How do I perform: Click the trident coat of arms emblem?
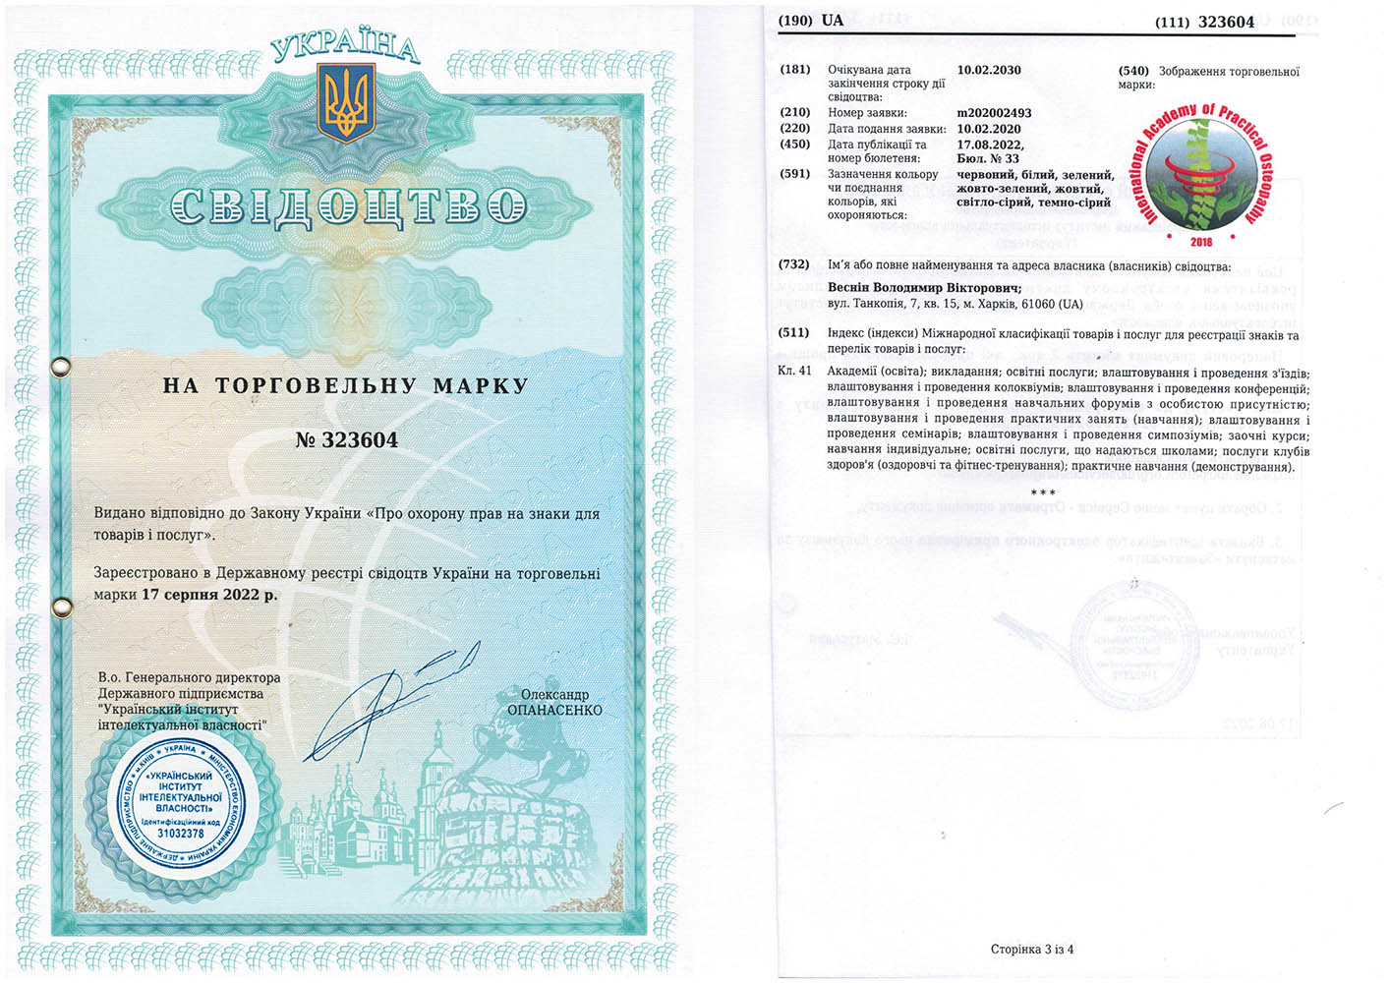346,103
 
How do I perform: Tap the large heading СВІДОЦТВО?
348,206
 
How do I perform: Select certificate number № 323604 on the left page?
346,440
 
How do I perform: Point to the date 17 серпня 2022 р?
209,595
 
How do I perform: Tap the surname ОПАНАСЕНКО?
554,710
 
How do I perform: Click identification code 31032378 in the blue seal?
180,834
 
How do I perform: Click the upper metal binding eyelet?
61,367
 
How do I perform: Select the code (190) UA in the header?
810,21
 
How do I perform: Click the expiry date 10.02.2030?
988,71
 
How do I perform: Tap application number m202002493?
994,113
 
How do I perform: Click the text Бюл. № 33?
987,159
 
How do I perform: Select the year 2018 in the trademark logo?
1200,241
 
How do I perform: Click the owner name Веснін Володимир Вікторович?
924,288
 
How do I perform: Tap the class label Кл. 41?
794,371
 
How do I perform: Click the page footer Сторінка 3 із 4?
1031,949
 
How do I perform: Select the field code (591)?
794,174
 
